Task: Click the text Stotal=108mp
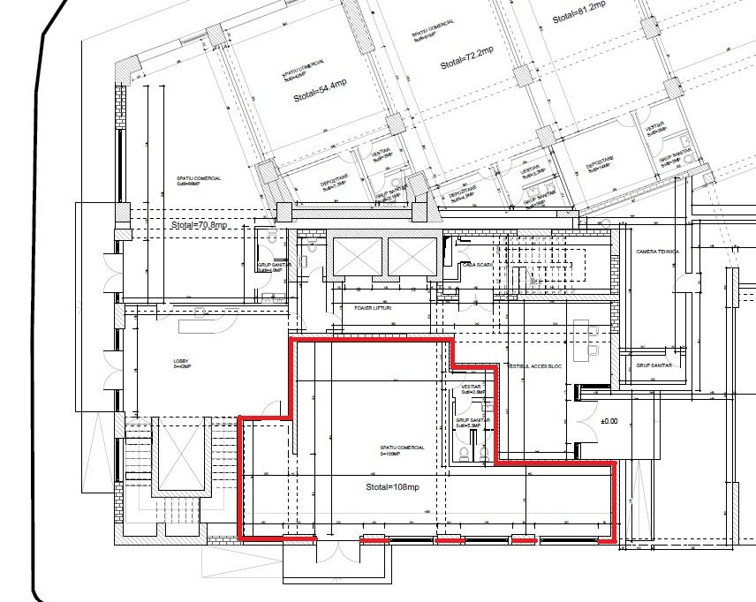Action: click(x=392, y=487)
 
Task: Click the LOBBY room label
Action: click(x=180, y=363)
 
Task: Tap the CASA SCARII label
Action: click(x=478, y=265)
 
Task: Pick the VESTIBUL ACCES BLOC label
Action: click(x=534, y=365)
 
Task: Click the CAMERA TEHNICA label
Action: click(x=657, y=252)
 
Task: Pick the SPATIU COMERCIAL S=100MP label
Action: click(x=403, y=450)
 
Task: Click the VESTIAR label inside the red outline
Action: click(x=469, y=388)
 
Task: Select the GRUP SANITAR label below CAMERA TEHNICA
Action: click(x=654, y=365)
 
